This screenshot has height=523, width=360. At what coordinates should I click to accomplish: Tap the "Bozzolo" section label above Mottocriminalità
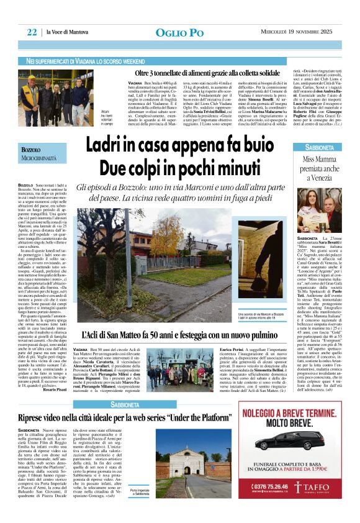click(30, 151)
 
